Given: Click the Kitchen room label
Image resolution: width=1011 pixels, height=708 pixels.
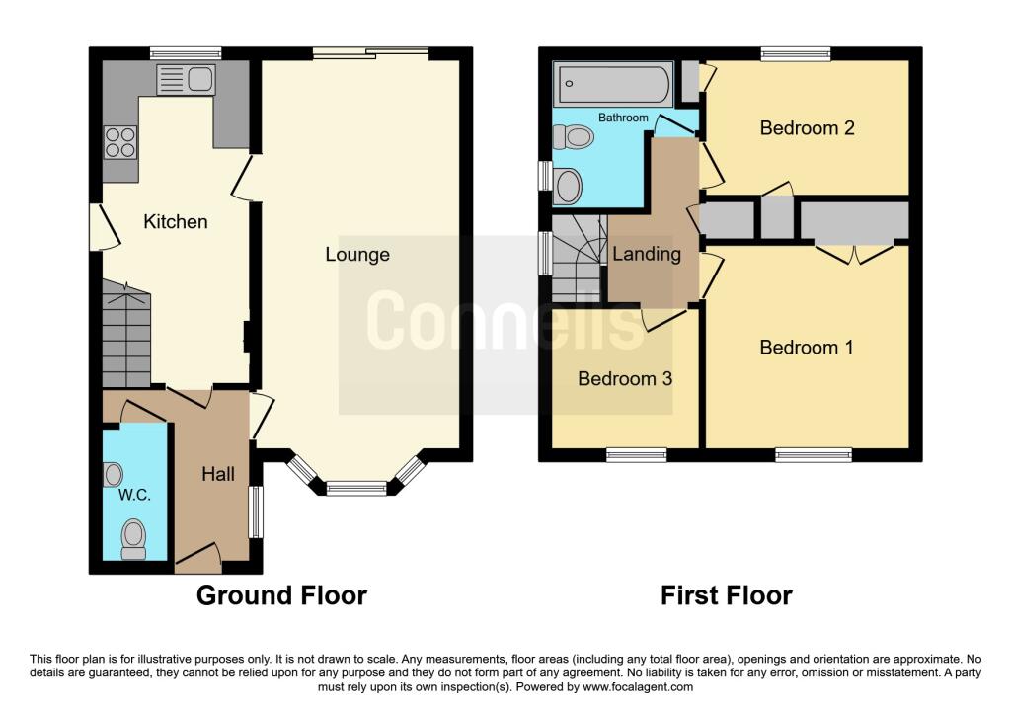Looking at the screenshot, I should [176, 222].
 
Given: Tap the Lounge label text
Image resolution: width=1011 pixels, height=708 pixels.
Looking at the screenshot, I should [357, 255].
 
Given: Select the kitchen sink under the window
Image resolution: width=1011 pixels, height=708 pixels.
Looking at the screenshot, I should [186, 79].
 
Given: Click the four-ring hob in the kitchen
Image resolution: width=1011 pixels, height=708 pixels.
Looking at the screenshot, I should [120, 143].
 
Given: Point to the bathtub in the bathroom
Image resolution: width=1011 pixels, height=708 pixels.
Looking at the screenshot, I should [612, 85].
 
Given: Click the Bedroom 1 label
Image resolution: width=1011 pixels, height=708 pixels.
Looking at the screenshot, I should [807, 348].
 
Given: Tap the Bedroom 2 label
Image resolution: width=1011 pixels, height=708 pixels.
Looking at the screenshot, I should [807, 128].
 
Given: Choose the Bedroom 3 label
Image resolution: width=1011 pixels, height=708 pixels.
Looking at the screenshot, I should [625, 378].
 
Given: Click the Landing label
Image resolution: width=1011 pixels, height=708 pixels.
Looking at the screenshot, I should [647, 254].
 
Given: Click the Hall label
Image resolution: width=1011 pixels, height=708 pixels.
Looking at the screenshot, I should [218, 474].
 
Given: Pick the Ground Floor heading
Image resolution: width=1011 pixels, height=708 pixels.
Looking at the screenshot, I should [281, 595].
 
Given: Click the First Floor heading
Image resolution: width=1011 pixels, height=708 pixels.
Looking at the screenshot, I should [726, 595].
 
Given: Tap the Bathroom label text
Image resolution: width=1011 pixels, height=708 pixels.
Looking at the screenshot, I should [624, 118].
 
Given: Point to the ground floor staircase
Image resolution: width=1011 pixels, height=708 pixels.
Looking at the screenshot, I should [125, 336].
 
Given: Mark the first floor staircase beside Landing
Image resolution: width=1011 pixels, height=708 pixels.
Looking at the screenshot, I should [578, 265].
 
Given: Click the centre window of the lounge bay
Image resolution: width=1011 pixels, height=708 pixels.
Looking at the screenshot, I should [356, 487].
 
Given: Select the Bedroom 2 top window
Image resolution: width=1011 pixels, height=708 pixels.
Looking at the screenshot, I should [795, 53].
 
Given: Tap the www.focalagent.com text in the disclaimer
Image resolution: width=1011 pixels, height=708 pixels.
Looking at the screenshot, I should [638, 687].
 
